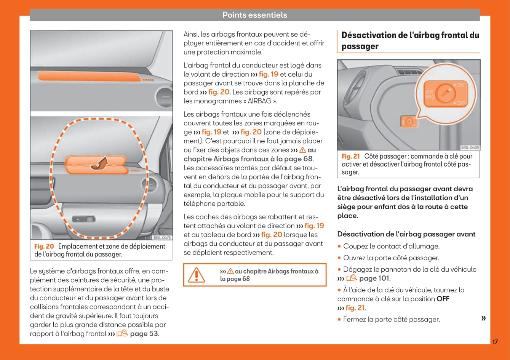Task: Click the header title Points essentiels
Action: [x=254, y=15]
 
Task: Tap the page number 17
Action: [x=495, y=342]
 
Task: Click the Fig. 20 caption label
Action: [x=44, y=246]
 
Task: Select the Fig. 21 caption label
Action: [x=350, y=156]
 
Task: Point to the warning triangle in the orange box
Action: [x=197, y=275]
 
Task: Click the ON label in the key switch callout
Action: [x=460, y=85]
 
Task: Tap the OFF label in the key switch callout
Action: [x=460, y=103]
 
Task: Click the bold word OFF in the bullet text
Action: [x=443, y=299]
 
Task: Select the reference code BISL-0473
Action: [x=162, y=237]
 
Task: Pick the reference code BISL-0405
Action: [x=470, y=147]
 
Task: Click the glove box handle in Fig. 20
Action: [x=83, y=219]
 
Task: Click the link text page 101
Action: [x=374, y=278]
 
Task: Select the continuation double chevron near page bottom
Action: [x=483, y=318]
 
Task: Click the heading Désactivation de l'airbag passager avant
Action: [x=406, y=234]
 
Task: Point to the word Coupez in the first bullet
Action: [x=354, y=246]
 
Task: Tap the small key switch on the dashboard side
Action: [x=408, y=122]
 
